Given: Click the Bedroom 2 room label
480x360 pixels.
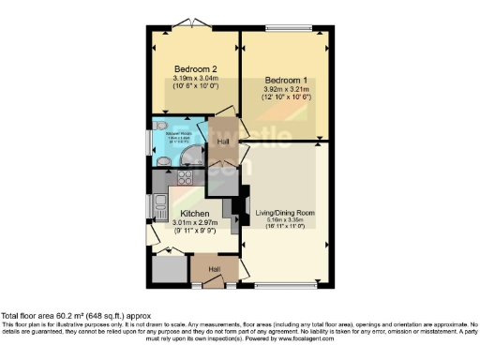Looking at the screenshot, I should click(195, 69).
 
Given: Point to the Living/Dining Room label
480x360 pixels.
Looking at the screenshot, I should click(284, 214).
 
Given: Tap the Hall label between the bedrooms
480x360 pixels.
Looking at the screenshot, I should click(224, 142).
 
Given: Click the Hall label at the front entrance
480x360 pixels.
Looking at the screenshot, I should click(214, 269).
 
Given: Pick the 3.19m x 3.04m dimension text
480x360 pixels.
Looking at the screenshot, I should click(195, 79).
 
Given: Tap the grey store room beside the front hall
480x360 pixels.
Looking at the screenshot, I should click(169, 268).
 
